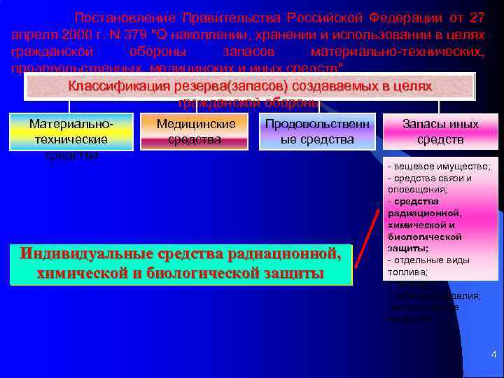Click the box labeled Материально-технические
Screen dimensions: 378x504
point(71,132)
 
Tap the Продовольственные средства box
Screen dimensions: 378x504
point(318,132)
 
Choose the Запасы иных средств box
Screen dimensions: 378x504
point(440,132)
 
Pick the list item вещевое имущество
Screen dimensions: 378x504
point(440,167)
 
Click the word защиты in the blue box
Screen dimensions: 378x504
point(293,272)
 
